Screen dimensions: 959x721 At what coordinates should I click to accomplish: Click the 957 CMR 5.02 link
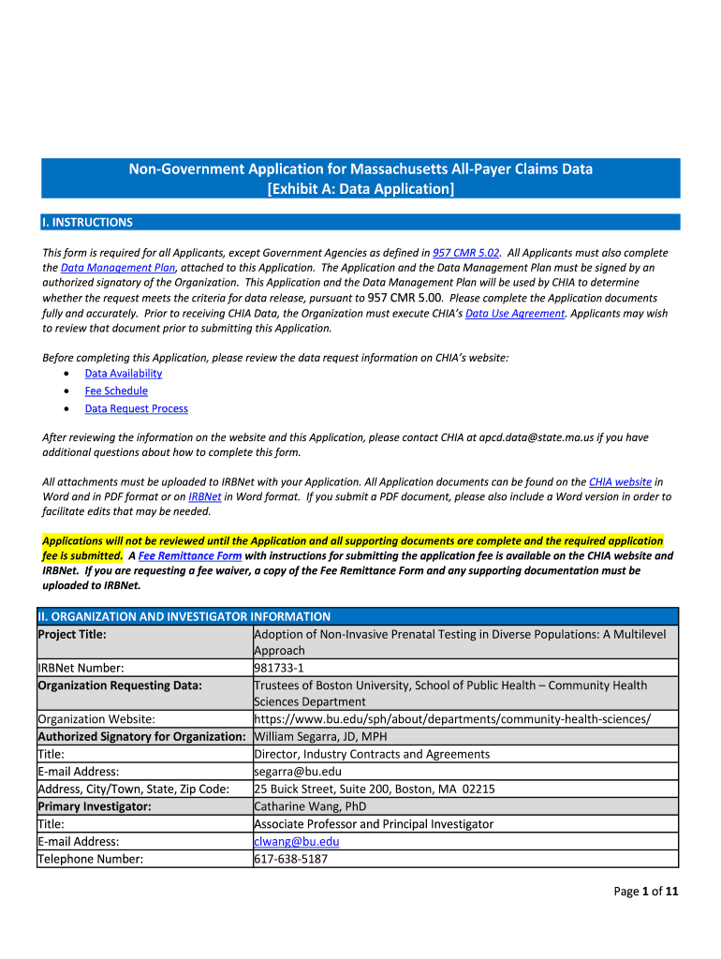point(465,253)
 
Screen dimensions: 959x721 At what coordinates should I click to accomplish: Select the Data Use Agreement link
point(515,314)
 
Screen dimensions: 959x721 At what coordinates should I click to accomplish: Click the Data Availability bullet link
point(124,374)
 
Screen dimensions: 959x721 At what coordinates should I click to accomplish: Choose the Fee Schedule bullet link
point(116,391)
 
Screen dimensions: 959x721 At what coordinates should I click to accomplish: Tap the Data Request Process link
point(136,409)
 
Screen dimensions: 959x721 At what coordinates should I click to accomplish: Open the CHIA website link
point(620,481)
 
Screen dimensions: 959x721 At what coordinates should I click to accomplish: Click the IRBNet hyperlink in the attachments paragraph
point(205,496)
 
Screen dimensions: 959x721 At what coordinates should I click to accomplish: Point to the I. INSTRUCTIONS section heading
point(87,223)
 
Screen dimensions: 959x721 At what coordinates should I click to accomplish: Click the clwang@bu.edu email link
point(297,841)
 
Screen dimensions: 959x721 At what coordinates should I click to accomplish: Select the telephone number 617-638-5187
point(291,858)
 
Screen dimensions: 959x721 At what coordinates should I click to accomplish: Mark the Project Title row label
point(72,634)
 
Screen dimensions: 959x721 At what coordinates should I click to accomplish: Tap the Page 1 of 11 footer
point(645,892)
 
